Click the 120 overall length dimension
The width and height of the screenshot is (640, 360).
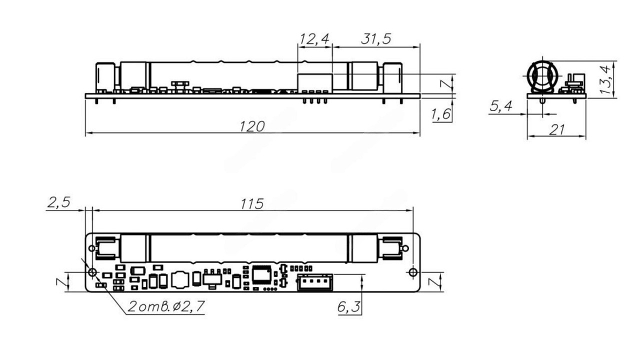[252, 126]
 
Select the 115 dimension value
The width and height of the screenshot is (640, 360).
[252, 204]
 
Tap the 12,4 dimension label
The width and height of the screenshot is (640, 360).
[315, 39]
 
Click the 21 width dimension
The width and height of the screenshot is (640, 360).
[556, 130]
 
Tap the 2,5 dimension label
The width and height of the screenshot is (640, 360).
[58, 202]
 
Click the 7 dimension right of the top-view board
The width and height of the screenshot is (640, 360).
[434, 281]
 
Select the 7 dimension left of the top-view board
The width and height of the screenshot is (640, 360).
[60, 281]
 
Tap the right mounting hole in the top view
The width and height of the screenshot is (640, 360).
[412, 272]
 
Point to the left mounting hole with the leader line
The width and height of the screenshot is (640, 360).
[92, 272]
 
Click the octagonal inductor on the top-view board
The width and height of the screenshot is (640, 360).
[180, 279]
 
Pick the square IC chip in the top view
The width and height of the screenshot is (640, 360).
[261, 274]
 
